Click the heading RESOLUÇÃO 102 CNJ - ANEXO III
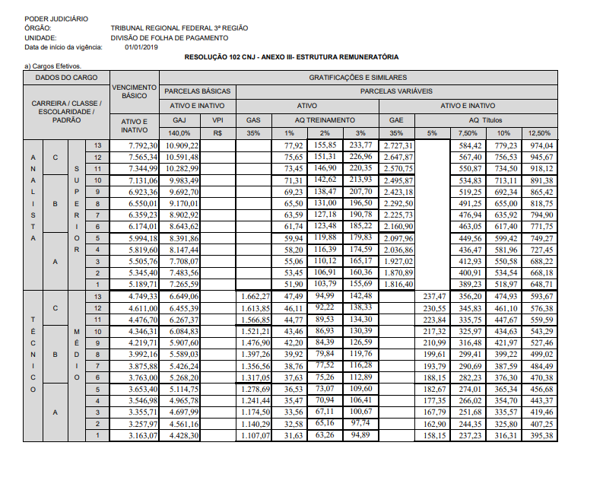pos(291,58)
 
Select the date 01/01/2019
pos(141,46)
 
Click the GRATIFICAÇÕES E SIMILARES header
pos(357,78)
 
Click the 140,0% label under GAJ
pos(179,133)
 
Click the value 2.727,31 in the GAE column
pos(398,145)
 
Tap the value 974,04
pos(541,145)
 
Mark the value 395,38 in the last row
pos(541,435)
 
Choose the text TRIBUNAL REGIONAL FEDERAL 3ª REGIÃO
pos(179,28)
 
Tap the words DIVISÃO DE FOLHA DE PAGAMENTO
pos(169,37)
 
